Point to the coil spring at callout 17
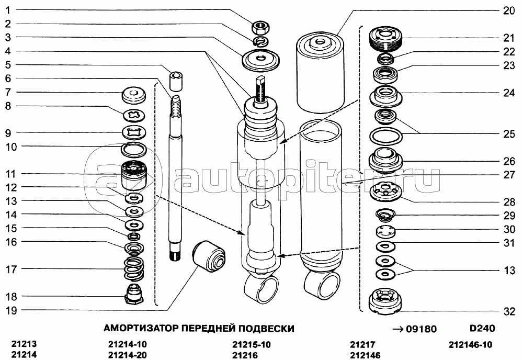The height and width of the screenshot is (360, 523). [134, 268]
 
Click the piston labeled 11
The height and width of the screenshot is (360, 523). [134, 174]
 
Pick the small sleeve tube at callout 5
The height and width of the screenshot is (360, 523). [176, 81]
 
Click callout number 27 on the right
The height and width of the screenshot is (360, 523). [509, 175]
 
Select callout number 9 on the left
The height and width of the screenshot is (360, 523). [8, 133]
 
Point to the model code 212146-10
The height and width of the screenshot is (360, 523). [470, 344]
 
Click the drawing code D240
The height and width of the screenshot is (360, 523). [482, 328]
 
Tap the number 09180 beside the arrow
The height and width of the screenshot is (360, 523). [421, 329]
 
